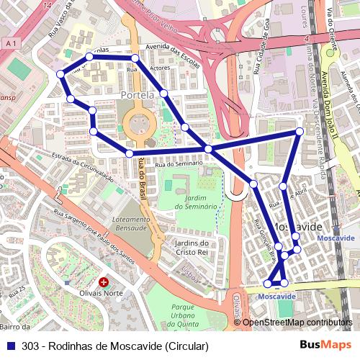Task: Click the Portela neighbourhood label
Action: [x=139, y=95]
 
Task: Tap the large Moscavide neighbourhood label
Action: [x=297, y=226]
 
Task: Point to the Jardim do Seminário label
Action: [x=191, y=202]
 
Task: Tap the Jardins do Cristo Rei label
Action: [x=191, y=248]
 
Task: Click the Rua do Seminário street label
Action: [x=178, y=164]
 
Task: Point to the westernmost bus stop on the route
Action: [x=60, y=73]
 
